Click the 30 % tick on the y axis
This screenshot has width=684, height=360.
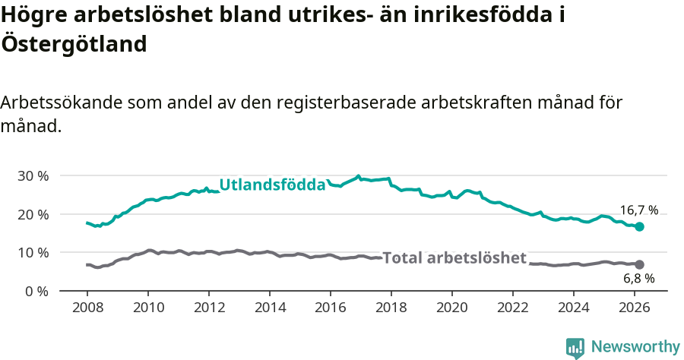(x=33, y=175)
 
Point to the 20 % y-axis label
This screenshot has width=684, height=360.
(x=33, y=214)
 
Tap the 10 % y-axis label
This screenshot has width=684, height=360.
(x=33, y=252)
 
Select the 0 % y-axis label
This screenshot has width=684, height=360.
(x=36, y=291)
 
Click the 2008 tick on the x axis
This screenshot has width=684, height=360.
(x=87, y=308)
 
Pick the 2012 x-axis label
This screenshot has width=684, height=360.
(x=209, y=308)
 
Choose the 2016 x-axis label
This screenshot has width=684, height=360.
(x=331, y=308)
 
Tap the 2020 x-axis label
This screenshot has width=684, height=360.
(x=452, y=308)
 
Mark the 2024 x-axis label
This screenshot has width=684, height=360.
(x=574, y=308)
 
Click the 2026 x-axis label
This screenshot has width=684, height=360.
(x=635, y=308)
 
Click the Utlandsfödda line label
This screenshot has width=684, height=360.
(x=272, y=185)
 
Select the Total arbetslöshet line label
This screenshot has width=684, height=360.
(x=454, y=257)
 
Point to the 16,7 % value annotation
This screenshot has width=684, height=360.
(x=638, y=210)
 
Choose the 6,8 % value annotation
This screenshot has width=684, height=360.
(x=638, y=279)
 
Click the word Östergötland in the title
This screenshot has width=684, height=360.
(x=74, y=44)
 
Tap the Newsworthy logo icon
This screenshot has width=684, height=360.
(x=575, y=347)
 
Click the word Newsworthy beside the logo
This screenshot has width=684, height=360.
(x=635, y=347)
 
